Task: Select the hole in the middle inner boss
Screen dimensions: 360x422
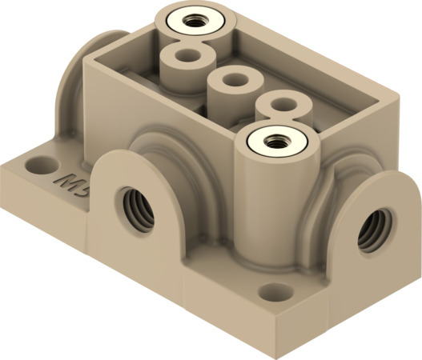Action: (x=233, y=81)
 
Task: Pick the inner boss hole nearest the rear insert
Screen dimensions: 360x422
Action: (x=187, y=58)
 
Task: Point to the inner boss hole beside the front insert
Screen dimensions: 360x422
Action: (x=282, y=103)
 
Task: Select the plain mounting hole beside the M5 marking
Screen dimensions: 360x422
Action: (x=36, y=166)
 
